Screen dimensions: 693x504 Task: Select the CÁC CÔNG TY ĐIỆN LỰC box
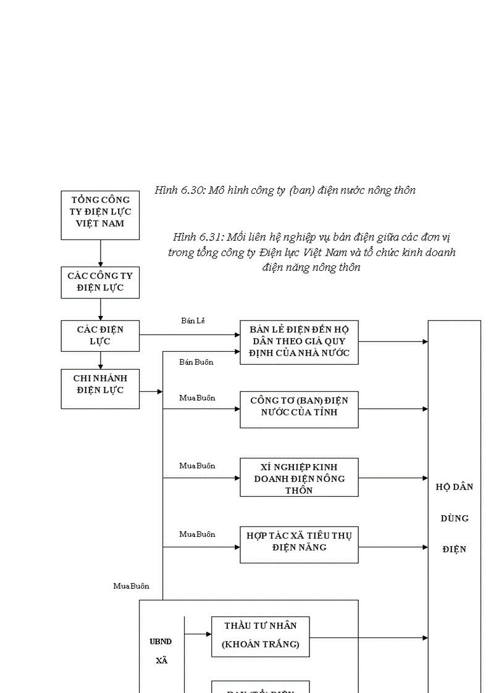tap(100, 282)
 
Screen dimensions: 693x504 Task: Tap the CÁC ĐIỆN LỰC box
tap(100, 335)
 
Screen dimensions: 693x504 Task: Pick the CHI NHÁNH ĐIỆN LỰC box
tap(100, 389)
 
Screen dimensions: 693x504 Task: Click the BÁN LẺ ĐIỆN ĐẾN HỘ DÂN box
tap(299, 342)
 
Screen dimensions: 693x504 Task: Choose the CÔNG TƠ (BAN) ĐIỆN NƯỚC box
tap(299, 409)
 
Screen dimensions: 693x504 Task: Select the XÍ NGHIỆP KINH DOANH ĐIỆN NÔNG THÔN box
tap(299, 477)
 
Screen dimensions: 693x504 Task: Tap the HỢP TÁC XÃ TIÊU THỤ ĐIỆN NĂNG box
tap(299, 544)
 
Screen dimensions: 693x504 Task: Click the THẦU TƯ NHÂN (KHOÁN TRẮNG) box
tap(260, 636)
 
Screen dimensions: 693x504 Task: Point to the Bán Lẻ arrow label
tap(193, 320)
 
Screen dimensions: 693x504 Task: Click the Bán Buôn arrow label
tap(196, 362)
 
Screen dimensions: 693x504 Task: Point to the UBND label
tap(161, 641)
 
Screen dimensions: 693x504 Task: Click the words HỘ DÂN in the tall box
tap(454, 486)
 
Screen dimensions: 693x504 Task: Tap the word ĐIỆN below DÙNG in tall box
tap(454, 549)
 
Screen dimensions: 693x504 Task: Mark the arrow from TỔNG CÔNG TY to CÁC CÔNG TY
tap(100, 253)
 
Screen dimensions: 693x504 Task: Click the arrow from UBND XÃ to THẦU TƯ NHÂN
tap(198, 634)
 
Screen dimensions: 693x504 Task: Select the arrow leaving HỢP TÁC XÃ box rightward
tap(393, 547)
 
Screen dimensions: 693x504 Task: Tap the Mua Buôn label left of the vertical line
tap(131, 586)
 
